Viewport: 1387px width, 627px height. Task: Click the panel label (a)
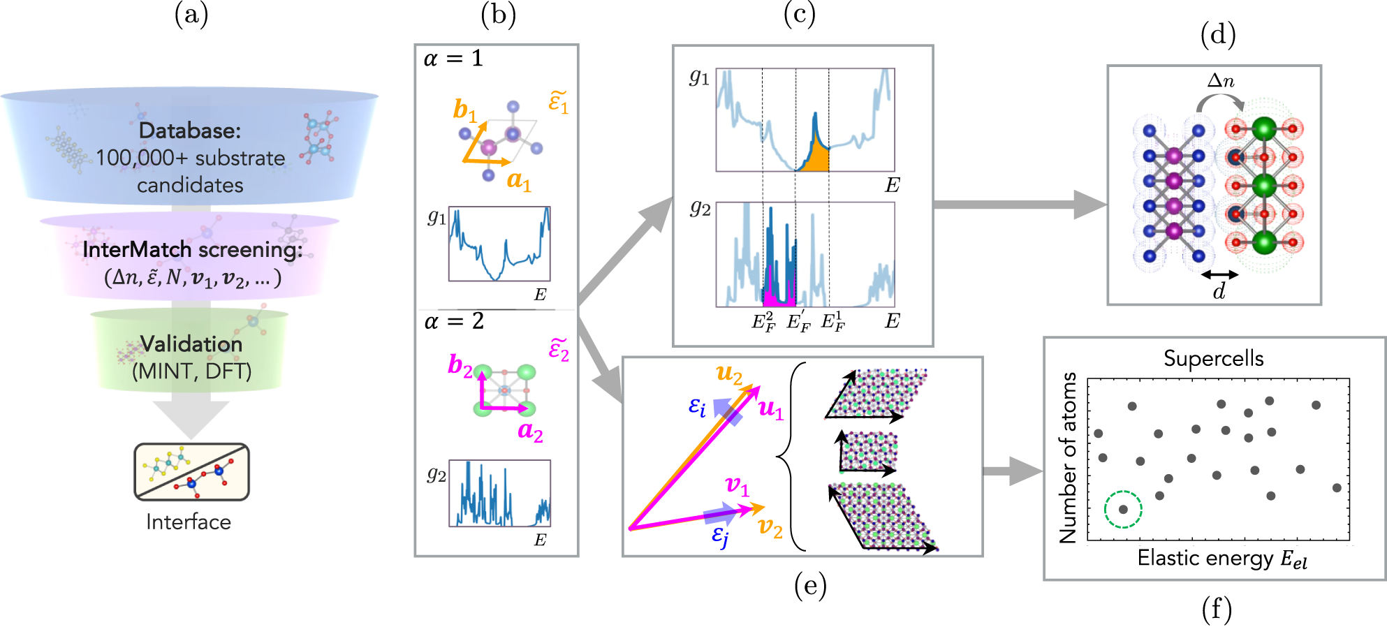191,15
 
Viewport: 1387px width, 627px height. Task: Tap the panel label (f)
1216,610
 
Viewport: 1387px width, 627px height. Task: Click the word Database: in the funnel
189,131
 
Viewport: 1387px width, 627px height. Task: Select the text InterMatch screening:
192,250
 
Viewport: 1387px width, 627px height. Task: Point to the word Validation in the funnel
191,344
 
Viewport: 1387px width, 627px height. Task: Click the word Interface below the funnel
189,522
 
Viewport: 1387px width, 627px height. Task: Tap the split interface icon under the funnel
191,472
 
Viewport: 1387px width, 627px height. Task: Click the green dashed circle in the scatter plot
1123,510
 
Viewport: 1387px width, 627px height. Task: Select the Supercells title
1213,359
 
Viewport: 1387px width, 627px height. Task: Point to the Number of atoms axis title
1069,458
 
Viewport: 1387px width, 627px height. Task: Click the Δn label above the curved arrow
1220,82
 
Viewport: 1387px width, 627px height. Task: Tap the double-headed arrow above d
1219,275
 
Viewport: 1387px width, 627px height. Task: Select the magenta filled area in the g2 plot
779,293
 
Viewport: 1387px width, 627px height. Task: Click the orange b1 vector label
464,110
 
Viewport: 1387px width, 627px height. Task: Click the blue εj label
720,536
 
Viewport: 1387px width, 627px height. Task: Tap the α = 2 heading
454,322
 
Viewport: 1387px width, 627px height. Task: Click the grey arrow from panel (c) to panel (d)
1019,205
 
